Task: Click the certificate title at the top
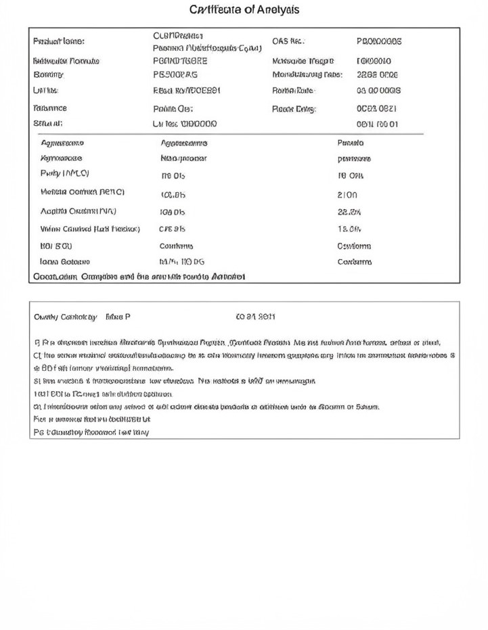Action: pyautogui.click(x=244, y=10)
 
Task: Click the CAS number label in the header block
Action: pyautogui.click(x=287, y=41)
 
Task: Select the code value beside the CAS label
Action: pyautogui.click(x=378, y=41)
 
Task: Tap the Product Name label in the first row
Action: pyautogui.click(x=59, y=41)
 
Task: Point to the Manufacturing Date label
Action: pyautogui.click(x=307, y=75)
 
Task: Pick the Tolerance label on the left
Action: pyautogui.click(x=50, y=108)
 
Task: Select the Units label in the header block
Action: pyautogui.click(x=45, y=91)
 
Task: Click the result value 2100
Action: pyautogui.click(x=347, y=194)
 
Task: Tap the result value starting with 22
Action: pyautogui.click(x=349, y=211)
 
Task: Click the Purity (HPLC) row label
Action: pyautogui.click(x=65, y=174)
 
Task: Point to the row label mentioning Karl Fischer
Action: pyautogui.click(x=90, y=229)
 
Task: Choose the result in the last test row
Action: pyautogui.click(x=354, y=262)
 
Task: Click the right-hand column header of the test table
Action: pyautogui.click(x=350, y=143)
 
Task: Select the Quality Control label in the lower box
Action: pyautogui.click(x=66, y=316)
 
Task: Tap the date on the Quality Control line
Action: pyautogui.click(x=255, y=316)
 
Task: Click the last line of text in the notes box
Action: pyautogui.click(x=91, y=432)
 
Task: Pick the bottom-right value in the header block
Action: pyautogui.click(x=377, y=125)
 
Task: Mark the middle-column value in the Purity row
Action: pyautogui.click(x=173, y=176)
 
